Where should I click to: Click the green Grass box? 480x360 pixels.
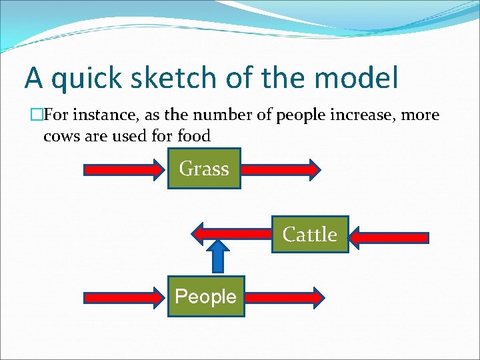[x=203, y=169]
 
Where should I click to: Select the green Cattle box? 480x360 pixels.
[x=310, y=235]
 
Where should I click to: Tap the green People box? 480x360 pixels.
[x=205, y=296]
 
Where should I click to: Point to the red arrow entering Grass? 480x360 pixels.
[x=123, y=169]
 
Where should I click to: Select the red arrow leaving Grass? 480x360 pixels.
[x=281, y=169]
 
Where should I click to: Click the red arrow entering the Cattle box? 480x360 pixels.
[x=389, y=237]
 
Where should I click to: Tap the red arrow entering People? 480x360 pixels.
[x=123, y=297]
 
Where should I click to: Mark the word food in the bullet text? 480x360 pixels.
[x=194, y=136]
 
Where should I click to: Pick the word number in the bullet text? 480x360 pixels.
[x=218, y=115]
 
